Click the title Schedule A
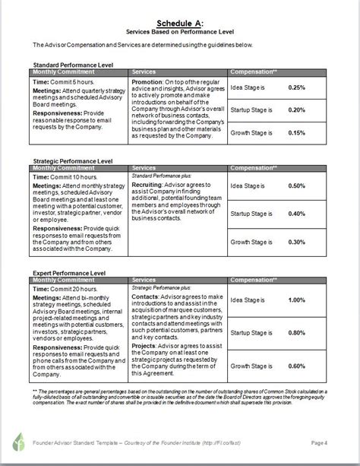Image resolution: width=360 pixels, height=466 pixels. coord(179,23)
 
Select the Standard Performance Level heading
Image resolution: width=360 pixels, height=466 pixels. coord(73,65)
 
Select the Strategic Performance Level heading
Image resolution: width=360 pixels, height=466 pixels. coord(72,161)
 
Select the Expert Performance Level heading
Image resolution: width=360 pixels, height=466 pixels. coord(68,270)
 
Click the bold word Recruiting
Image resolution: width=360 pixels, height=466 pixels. coord(149,184)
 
